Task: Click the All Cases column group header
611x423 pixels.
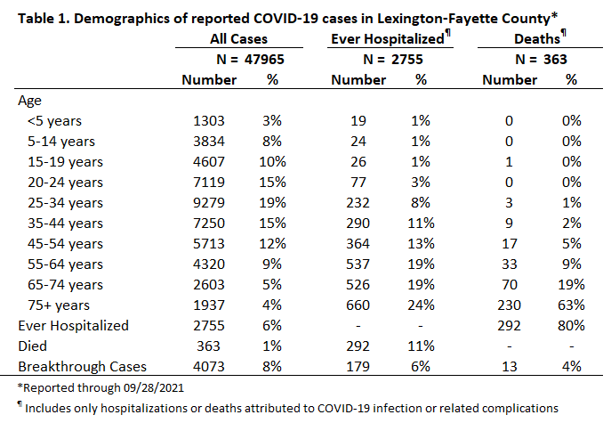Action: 238,39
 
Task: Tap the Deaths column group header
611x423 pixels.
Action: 540,38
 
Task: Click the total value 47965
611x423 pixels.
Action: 264,60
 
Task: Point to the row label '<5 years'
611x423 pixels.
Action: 54,121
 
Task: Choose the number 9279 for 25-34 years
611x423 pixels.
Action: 209,203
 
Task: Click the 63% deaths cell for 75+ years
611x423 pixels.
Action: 571,305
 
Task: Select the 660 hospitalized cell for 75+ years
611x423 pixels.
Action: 358,305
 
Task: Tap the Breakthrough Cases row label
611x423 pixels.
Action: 82,367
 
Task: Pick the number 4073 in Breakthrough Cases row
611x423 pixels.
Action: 209,367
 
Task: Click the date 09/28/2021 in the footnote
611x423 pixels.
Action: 154,388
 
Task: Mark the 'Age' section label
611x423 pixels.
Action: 29,101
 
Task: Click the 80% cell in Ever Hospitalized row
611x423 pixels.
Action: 571,326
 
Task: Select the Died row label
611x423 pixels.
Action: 32,346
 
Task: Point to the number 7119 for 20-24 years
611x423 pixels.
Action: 209,183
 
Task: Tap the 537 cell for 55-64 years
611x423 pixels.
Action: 358,264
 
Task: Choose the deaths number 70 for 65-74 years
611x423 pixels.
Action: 510,285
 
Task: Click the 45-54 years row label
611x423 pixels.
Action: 65,244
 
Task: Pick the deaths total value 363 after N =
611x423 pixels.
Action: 555,60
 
